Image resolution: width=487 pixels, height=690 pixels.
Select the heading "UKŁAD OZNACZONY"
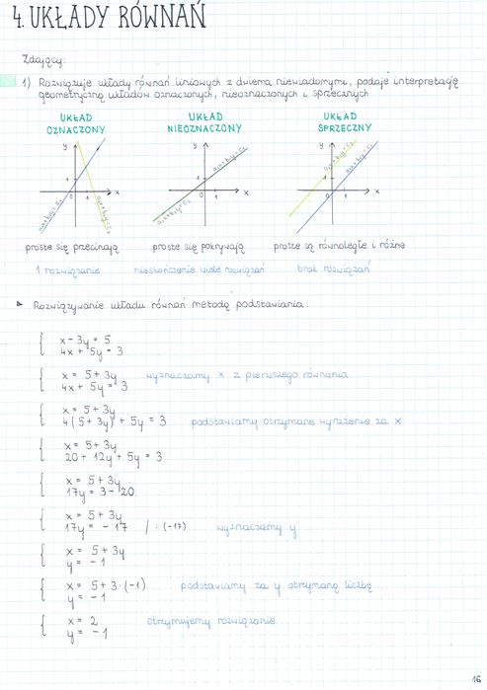[x=76, y=122]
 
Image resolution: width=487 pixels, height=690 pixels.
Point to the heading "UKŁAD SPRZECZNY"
[x=345, y=122]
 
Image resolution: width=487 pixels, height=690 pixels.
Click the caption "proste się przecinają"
[x=72, y=246]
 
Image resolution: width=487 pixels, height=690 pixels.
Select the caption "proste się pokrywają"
[x=198, y=246]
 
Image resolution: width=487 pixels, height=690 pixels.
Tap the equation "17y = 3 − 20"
[x=100, y=491]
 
